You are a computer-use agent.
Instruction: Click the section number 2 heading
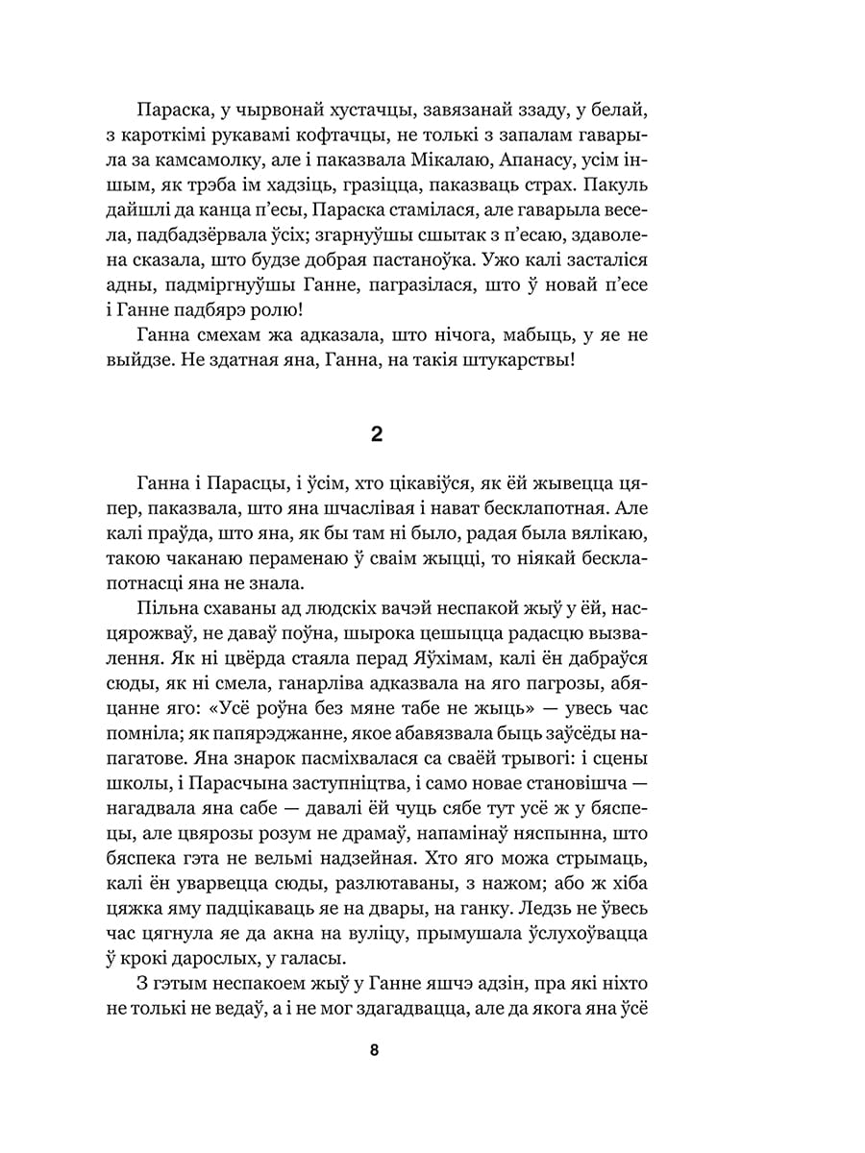(x=377, y=434)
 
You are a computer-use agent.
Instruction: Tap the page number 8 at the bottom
(x=374, y=1050)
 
